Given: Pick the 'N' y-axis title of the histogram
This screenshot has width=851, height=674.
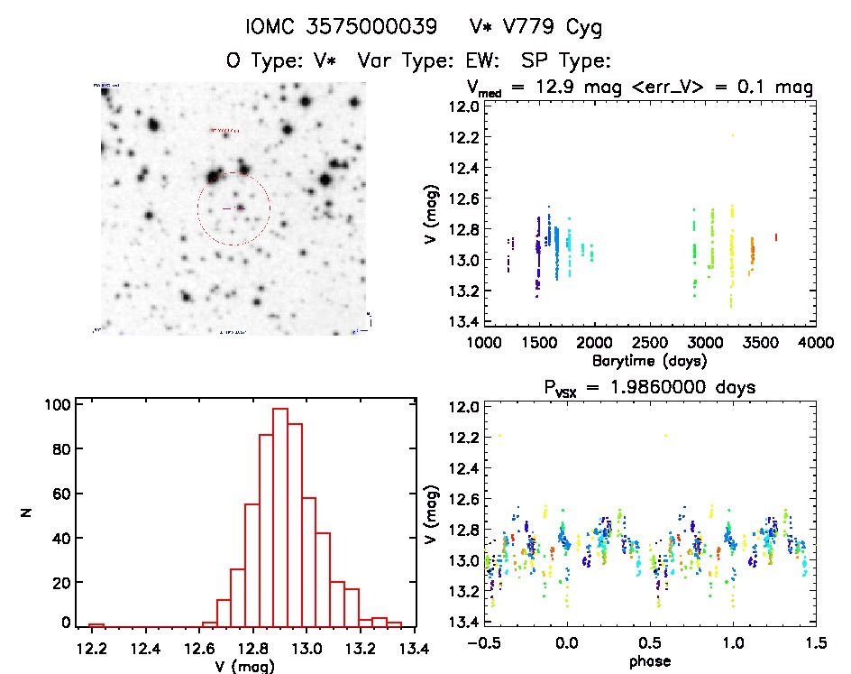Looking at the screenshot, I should coord(26,513).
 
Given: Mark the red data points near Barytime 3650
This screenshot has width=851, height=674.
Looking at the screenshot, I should coord(775,237).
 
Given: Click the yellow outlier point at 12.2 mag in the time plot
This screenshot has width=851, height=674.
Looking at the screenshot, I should coord(733,135).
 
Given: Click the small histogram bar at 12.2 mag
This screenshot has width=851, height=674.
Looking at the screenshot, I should coord(96,624).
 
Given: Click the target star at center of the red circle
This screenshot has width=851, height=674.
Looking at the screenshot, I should coord(240,208).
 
